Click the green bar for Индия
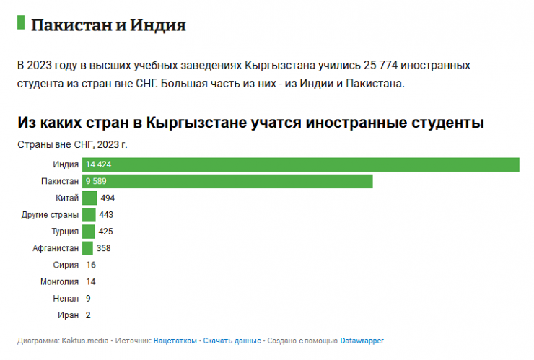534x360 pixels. click(x=301, y=164)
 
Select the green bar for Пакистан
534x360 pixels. click(x=227, y=181)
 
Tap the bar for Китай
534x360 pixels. click(x=89, y=198)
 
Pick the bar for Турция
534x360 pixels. click(x=89, y=232)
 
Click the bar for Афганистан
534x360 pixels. click(x=87, y=248)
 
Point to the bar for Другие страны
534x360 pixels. click(x=89, y=214)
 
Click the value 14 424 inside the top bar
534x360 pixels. click(x=100, y=164)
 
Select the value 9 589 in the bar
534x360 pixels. click(x=97, y=181)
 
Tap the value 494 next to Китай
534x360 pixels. click(x=108, y=198)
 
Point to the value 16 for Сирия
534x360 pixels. click(x=90, y=265)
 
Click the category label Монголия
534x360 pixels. click(x=61, y=281)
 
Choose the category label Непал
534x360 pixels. click(x=66, y=298)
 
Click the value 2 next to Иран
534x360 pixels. click(x=88, y=315)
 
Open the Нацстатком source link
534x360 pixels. click(x=175, y=340)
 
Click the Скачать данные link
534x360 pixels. click(x=232, y=340)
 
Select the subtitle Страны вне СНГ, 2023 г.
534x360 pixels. click(x=72, y=144)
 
